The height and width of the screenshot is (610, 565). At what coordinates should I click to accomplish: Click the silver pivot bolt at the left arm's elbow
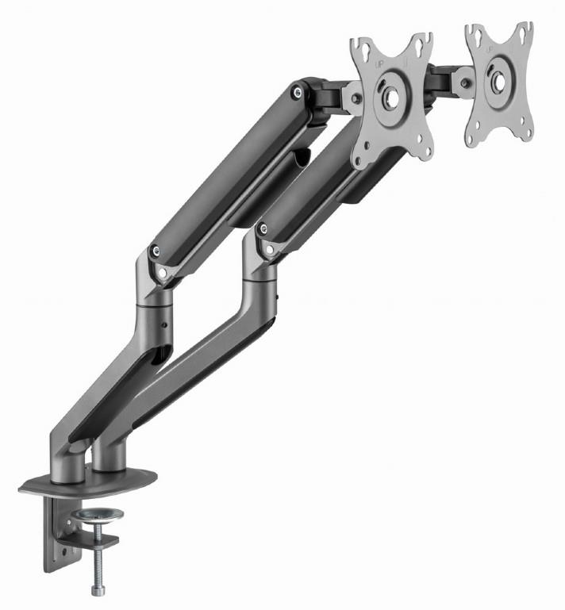[x=163, y=272]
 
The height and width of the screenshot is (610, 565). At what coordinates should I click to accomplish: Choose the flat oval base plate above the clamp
[x=87, y=480]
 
